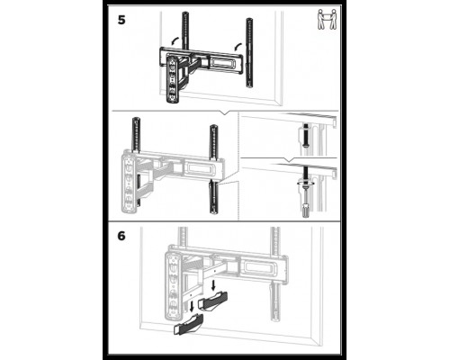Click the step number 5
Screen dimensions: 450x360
click(121, 21)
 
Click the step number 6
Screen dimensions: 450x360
click(121, 236)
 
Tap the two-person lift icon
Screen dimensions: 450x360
click(327, 20)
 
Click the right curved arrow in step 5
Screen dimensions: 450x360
click(238, 47)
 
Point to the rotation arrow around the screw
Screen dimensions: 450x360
click(305, 183)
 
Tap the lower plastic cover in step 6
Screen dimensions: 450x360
click(189, 325)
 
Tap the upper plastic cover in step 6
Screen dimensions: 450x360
click(212, 301)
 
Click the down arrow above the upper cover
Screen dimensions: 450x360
click(213, 285)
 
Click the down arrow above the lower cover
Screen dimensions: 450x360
click(192, 307)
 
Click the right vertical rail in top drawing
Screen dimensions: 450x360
click(249, 53)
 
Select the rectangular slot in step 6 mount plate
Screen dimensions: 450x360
click(258, 267)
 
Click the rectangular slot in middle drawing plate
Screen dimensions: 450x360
click(201, 169)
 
